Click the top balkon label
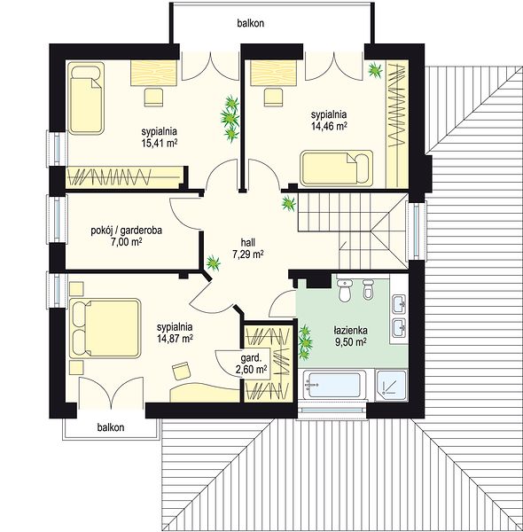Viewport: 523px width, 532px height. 250,23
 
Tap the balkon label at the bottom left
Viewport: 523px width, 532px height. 111,427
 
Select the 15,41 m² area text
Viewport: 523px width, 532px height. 160,143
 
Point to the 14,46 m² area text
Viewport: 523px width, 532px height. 329,126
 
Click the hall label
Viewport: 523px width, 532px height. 248,242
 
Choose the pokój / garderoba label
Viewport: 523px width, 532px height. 126,231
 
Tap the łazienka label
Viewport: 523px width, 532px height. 350,330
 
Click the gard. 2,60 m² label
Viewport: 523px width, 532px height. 251,364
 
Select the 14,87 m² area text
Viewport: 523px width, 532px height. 175,339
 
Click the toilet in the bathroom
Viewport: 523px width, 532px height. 346,290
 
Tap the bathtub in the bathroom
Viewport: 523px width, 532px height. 335,385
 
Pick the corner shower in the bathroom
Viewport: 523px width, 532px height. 392,385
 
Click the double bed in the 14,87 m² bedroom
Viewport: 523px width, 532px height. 105,328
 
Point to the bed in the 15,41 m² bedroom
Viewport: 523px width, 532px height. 86,97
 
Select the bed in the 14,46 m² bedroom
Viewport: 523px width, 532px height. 337,168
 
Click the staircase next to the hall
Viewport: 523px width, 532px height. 353,231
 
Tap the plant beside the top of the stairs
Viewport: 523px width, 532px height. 288,204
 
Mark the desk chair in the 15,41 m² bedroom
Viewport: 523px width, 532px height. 153,98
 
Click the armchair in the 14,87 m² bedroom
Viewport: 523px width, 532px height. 182,371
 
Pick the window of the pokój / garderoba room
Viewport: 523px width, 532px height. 55,220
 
